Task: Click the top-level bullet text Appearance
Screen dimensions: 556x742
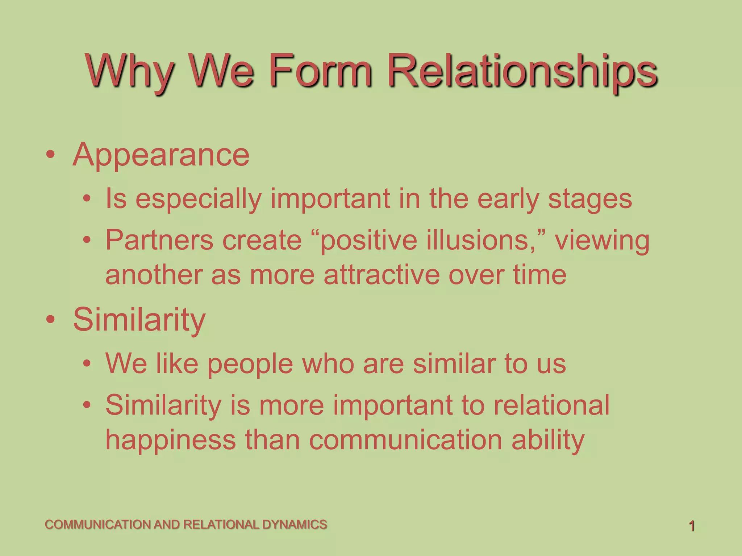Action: click(x=161, y=155)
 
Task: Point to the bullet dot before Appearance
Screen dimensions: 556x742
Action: click(x=51, y=155)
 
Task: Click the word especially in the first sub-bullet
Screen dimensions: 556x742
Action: click(x=199, y=199)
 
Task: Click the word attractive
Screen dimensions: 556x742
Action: click(x=381, y=275)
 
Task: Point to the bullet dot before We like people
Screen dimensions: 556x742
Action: click(x=87, y=363)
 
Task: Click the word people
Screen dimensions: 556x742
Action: click(x=250, y=364)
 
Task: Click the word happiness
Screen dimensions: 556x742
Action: click(x=170, y=440)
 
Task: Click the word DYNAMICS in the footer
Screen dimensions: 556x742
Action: click(x=294, y=525)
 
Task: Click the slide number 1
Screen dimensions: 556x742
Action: click(x=692, y=526)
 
